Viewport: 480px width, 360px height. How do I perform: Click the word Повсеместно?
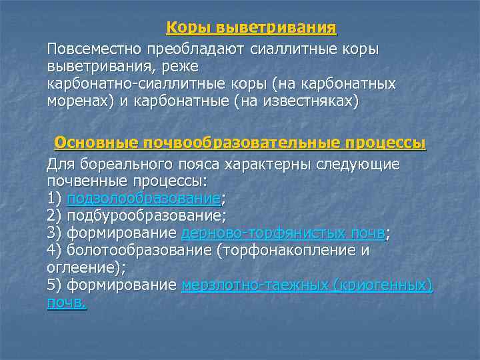point(95,50)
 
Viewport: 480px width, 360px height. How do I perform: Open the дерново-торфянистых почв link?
point(283,233)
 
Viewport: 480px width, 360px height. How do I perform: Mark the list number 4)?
point(55,250)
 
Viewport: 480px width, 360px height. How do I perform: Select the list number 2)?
point(55,215)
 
